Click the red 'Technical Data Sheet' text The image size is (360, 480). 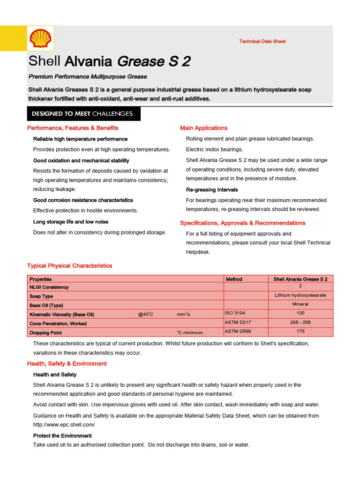coord(262,41)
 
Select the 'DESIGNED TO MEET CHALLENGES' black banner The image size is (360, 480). coord(82,113)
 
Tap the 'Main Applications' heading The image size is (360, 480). coord(203,128)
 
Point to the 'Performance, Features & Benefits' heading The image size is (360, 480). coord(73,128)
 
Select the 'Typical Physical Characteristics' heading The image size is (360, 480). coord(70,266)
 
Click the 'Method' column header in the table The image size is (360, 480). coord(234,279)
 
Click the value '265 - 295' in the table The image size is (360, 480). coord(300,322)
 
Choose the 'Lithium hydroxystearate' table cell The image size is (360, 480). coord(300,295)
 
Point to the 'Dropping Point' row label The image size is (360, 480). coord(45,333)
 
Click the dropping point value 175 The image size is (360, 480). coord(300,331)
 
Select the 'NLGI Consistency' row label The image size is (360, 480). coord(49,287)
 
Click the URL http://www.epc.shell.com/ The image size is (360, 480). coord(64,425)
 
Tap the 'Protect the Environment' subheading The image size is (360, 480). coord(62,436)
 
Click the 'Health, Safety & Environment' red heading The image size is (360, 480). coord(67,364)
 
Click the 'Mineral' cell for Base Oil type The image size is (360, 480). coord(300,304)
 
